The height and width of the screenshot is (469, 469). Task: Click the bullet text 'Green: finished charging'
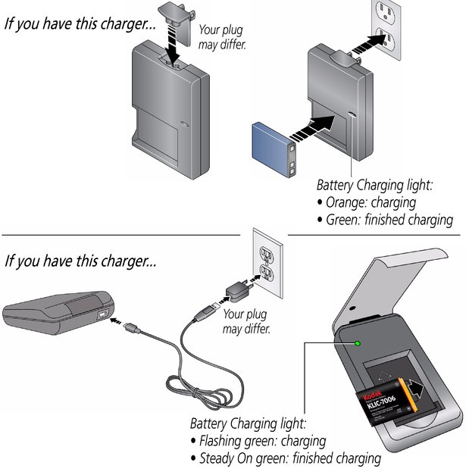point(386,220)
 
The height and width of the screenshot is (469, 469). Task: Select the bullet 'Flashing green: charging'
point(261,440)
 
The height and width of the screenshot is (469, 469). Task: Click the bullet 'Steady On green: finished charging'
point(288,458)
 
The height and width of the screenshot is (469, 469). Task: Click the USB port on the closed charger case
point(103,311)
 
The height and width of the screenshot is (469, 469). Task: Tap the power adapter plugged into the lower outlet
point(236,289)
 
